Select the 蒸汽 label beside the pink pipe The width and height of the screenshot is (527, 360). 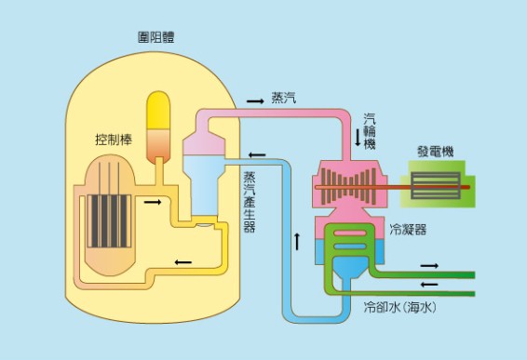[284, 98]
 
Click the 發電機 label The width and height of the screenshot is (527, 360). [436, 152]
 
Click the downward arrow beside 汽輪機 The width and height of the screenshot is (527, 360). [357, 137]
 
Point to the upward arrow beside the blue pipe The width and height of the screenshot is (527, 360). [297, 241]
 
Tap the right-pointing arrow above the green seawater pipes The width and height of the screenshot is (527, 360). [429, 264]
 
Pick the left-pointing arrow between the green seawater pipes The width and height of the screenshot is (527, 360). [429, 284]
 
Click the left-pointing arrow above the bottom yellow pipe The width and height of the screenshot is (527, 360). [182, 261]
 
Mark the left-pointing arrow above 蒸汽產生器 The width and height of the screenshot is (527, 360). [257, 154]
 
